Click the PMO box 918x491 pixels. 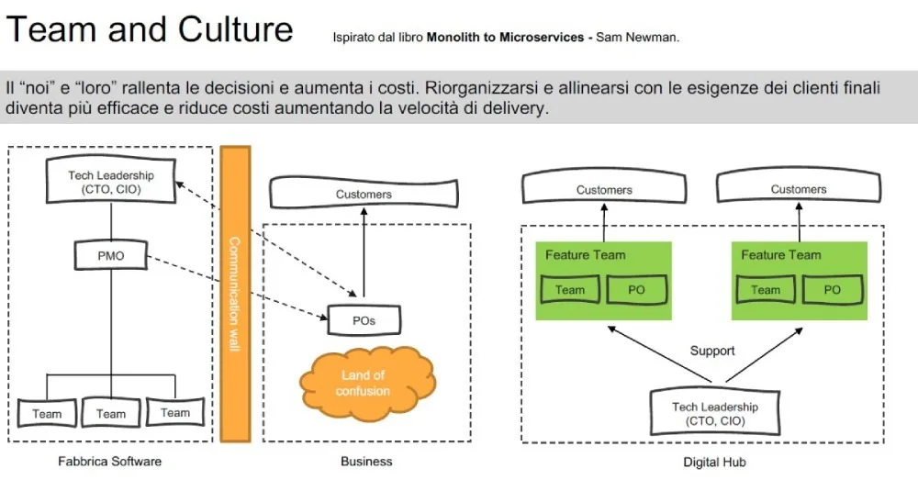click(111, 255)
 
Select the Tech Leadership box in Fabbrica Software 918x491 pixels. click(111, 181)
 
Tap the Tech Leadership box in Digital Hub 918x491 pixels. click(715, 413)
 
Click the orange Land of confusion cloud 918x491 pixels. click(367, 384)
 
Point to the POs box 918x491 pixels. click(364, 320)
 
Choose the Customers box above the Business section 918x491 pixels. click(364, 193)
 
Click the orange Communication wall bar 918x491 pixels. click(235, 294)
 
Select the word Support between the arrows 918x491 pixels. click(712, 351)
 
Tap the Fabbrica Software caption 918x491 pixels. click(109, 461)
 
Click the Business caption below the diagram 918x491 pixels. click(366, 461)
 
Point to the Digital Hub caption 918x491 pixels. click(714, 463)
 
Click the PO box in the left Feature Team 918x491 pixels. click(636, 290)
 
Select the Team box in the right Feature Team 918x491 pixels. click(766, 290)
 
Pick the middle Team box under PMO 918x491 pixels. click(111, 413)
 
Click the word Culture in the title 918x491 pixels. click(235, 29)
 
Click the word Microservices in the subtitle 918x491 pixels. click(542, 38)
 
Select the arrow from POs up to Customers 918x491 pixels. click(364, 252)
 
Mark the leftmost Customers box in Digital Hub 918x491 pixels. click(604, 187)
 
